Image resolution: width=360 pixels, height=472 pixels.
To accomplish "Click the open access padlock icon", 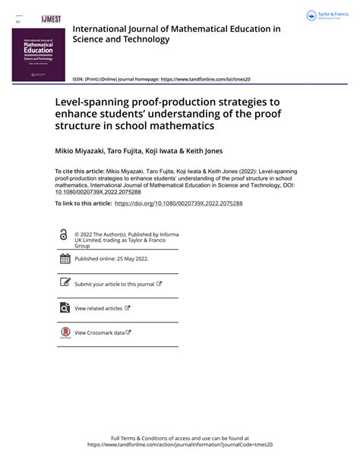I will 63,235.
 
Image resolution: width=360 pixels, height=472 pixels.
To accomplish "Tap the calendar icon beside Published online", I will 65,259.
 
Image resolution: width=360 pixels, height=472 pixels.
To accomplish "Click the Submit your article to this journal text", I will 115,284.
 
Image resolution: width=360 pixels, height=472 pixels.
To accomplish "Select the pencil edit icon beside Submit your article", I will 65,283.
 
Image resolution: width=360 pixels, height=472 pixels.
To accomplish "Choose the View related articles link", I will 99,308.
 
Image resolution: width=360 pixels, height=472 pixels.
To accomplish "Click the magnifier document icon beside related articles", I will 65,308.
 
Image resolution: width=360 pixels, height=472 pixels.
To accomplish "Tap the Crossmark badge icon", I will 65,332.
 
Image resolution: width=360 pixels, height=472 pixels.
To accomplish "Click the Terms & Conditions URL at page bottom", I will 179,445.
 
